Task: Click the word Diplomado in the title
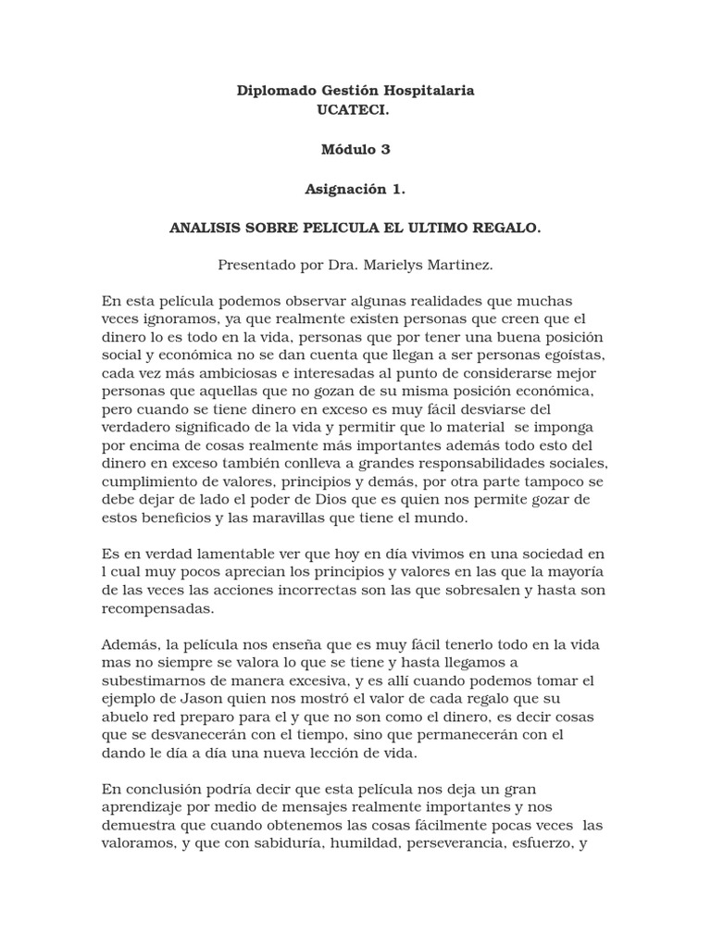pos(273,91)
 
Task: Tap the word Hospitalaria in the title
pos(427,91)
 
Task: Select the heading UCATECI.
pos(355,108)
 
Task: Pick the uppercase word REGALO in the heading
pos(505,228)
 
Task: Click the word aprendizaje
pos(146,807)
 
